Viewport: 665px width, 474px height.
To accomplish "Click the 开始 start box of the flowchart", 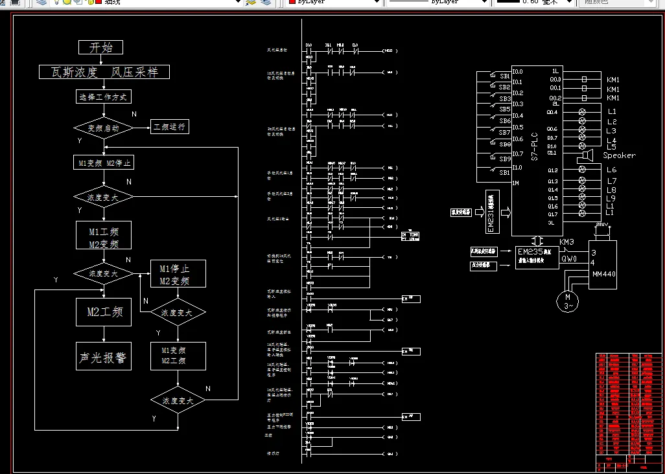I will [100, 47].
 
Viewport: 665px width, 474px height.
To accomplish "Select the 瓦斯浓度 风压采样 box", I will [104, 72].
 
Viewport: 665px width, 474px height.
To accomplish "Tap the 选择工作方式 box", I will [104, 97].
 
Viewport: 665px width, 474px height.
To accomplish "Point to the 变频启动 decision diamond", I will [104, 128].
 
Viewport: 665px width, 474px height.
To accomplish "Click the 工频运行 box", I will [169, 126].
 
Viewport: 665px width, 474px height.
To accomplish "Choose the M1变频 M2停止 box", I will [104, 163].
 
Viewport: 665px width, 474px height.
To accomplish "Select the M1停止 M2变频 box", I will [178, 274].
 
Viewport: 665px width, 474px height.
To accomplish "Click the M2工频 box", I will [104, 312].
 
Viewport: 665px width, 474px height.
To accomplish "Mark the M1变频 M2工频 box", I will [178, 356].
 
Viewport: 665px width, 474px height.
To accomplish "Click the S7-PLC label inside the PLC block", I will [535, 147].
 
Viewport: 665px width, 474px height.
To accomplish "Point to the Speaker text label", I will [619, 155].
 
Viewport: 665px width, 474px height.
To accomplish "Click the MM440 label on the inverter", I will [604, 274].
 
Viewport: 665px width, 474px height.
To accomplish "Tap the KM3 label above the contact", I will [566, 242].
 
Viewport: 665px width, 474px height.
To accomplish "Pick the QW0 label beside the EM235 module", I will [569, 258].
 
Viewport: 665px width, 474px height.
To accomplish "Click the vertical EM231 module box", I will [491, 212].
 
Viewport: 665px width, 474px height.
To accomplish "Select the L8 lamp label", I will [611, 190].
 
